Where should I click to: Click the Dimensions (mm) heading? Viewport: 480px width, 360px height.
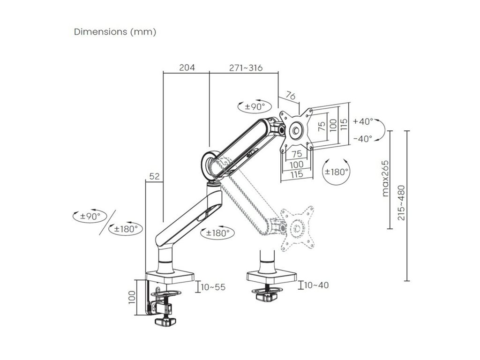[115, 32]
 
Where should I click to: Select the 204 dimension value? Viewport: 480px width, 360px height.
[187, 67]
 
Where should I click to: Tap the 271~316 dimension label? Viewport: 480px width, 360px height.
[246, 67]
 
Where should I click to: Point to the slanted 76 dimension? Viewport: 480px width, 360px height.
[291, 97]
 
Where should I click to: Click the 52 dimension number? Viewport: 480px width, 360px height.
[155, 177]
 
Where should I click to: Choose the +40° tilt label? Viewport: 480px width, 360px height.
[363, 121]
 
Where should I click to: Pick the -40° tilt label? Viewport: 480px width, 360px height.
[363, 138]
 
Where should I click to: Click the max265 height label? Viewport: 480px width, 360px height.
[385, 179]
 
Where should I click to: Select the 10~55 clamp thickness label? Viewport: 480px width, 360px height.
[213, 287]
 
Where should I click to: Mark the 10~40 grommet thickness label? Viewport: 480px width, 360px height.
[316, 285]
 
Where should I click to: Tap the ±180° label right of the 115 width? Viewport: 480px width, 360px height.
[337, 172]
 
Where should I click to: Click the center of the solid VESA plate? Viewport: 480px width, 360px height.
[296, 130]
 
